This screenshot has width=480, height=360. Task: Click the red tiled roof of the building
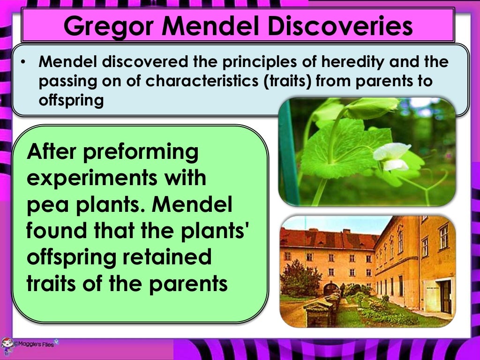pos(328,240)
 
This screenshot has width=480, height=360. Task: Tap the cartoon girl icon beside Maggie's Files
pos(7,345)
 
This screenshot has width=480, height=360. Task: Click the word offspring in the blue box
pos(71,100)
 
